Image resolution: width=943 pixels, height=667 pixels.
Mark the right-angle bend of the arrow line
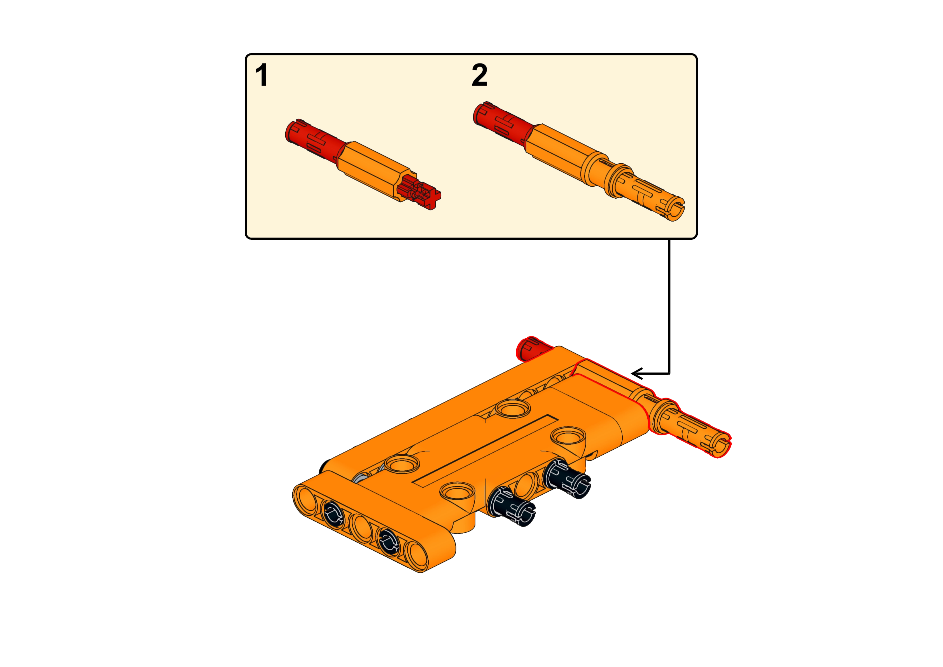(x=671, y=374)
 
